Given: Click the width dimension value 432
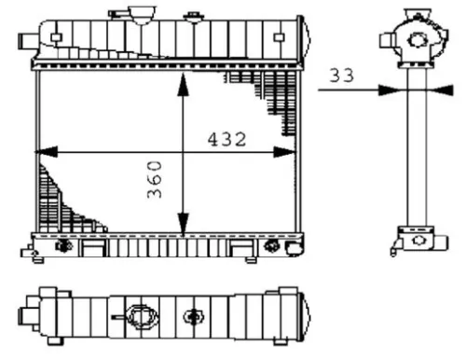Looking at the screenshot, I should click(x=226, y=140).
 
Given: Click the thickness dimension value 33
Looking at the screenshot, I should click(x=342, y=76).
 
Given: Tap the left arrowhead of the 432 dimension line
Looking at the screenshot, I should click(x=41, y=150).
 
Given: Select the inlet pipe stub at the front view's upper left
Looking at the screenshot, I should click(x=26, y=38).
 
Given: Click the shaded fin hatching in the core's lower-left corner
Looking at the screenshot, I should click(x=61, y=201).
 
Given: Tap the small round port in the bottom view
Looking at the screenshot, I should click(x=195, y=316).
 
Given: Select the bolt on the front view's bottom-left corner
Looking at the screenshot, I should click(x=64, y=247).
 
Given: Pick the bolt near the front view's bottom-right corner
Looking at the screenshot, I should click(x=273, y=247).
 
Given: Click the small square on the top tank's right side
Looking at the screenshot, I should click(x=277, y=36).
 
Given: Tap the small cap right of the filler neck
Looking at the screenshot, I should click(x=193, y=17).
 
